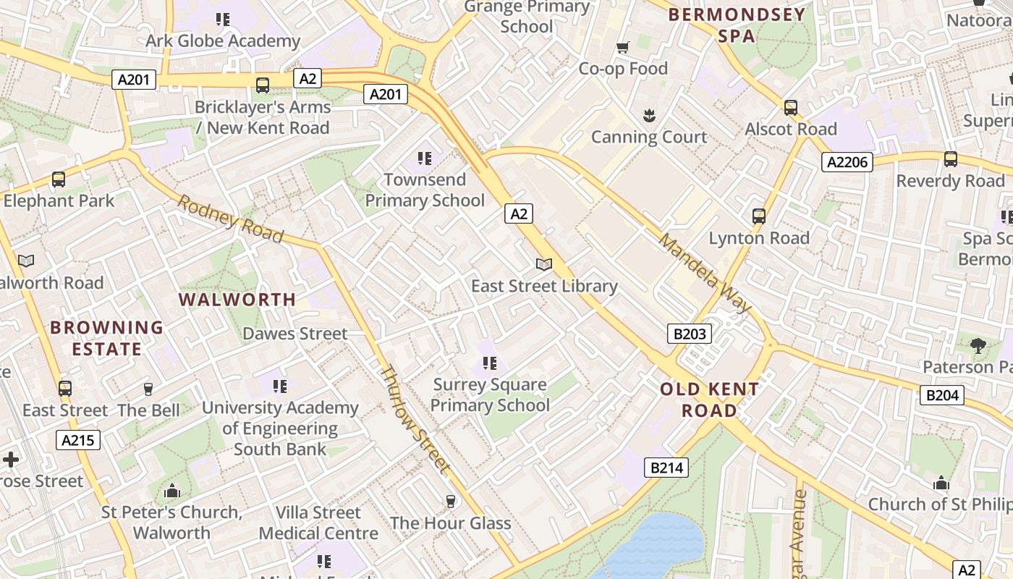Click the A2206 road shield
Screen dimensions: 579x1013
(847, 162)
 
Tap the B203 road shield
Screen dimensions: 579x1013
(689, 334)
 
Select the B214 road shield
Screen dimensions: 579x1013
(666, 468)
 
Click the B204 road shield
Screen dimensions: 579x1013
(942, 394)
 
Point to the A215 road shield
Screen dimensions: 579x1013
(78, 440)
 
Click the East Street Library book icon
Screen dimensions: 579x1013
(544, 265)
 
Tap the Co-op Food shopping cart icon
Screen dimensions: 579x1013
(622, 48)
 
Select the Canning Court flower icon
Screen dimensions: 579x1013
(649, 115)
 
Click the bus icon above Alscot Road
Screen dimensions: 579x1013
(791, 108)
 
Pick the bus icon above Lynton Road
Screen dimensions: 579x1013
(758, 216)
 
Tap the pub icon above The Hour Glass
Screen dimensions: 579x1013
(451, 501)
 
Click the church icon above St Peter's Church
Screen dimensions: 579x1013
(171, 491)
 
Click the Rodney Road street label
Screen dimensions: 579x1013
(230, 219)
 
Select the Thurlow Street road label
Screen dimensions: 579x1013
(415, 420)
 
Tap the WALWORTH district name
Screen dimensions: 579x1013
(237, 300)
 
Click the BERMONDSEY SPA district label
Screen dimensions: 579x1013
(737, 25)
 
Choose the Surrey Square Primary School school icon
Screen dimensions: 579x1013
(490, 363)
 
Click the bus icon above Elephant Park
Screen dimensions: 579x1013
(59, 179)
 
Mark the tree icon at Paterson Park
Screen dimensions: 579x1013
(978, 345)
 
